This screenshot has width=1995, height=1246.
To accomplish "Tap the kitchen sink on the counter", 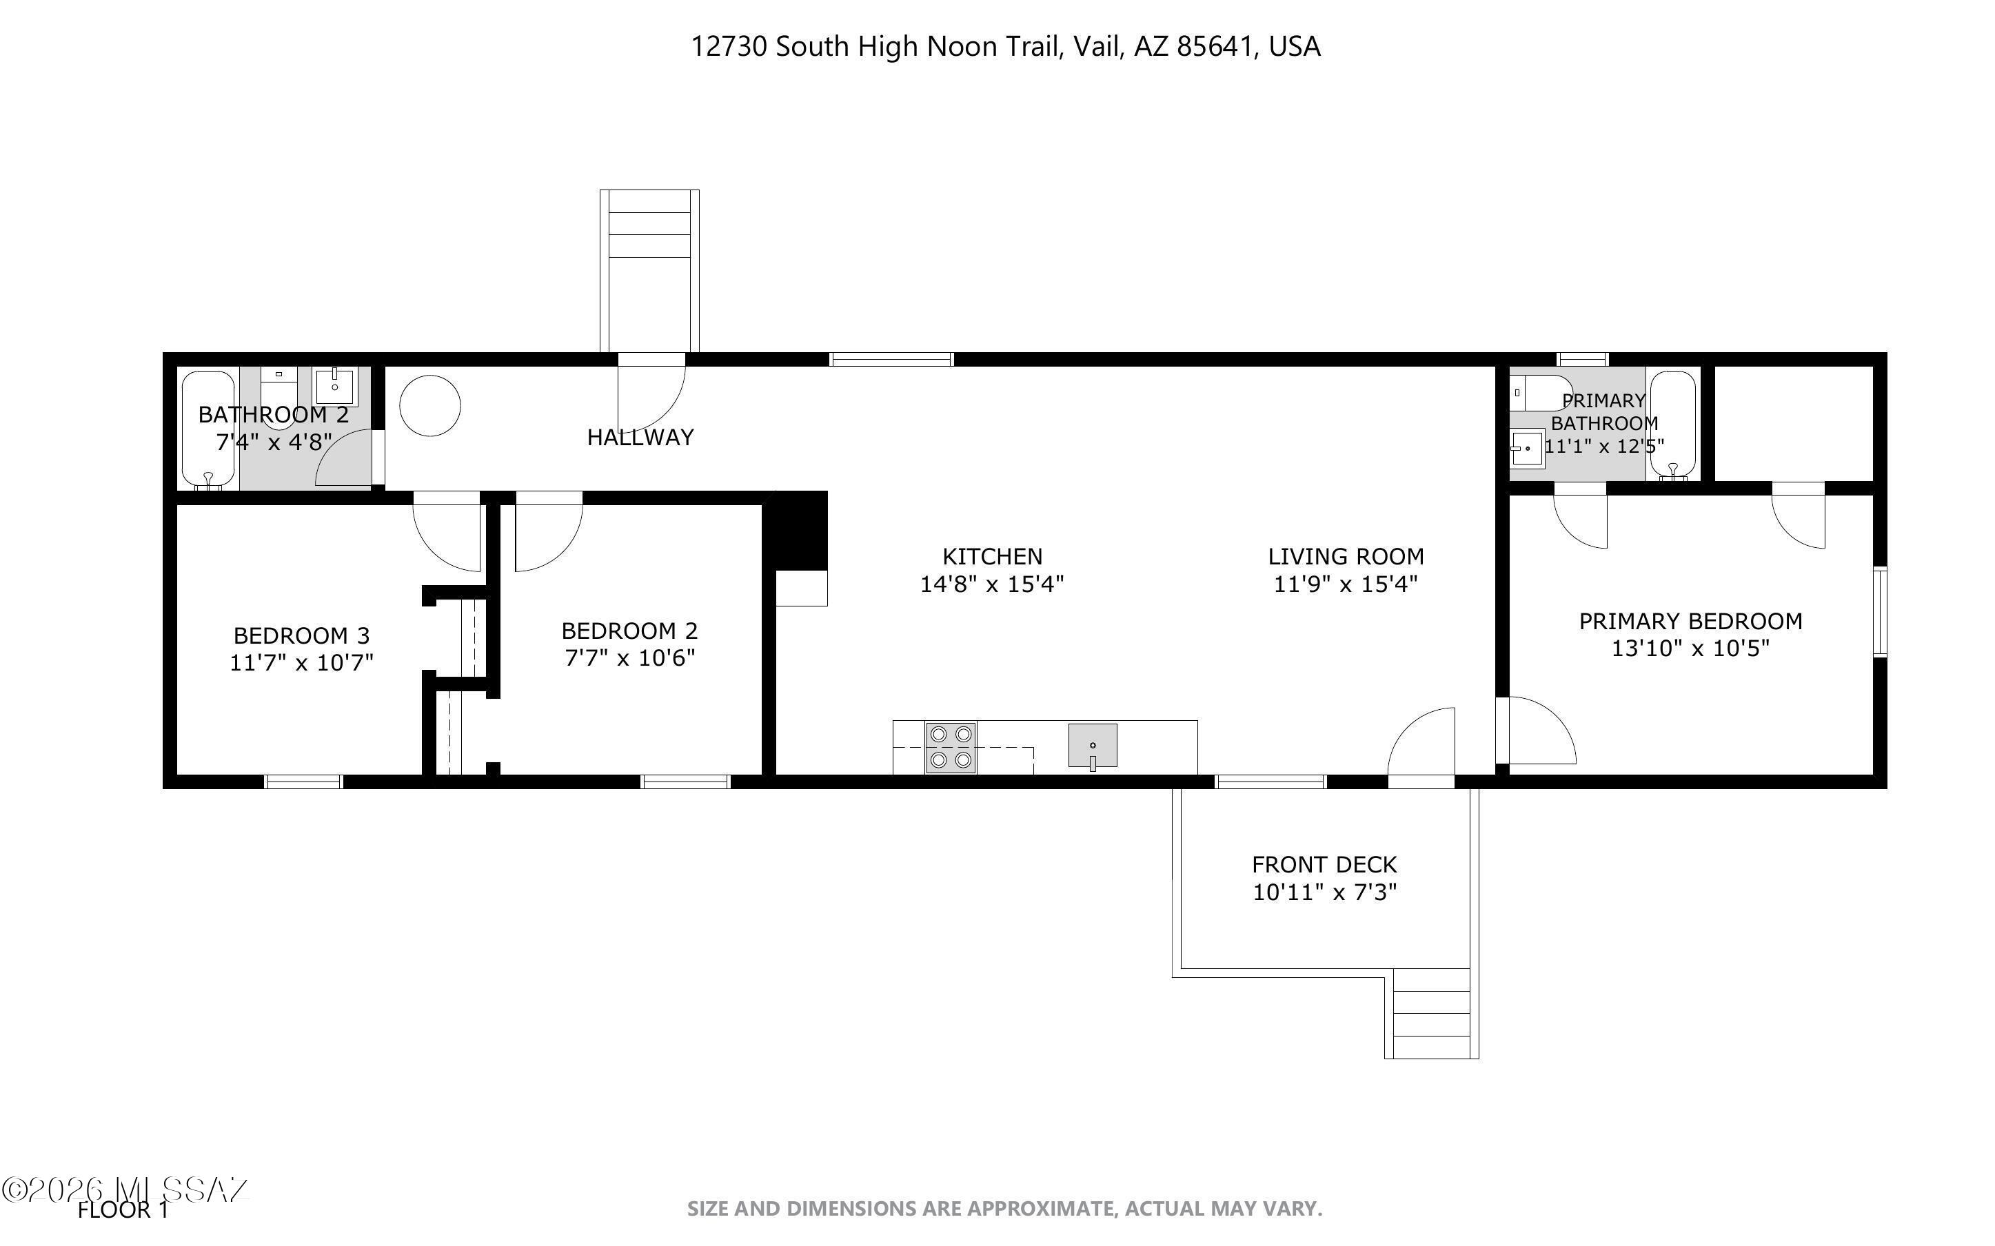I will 1092,746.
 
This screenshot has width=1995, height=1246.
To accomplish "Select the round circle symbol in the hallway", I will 429,405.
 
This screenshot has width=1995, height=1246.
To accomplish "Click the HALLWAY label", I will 640,438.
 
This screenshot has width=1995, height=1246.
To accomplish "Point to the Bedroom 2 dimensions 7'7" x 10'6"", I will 629,658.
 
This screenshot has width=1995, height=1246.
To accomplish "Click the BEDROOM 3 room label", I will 302,635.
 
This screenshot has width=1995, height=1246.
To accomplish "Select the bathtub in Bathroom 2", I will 207,429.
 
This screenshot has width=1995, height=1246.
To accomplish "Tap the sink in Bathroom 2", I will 334,387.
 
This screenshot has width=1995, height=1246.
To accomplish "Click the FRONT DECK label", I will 1324,864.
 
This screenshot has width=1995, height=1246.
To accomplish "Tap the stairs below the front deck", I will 1431,1014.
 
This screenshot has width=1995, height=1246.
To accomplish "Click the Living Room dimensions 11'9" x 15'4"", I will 1345,584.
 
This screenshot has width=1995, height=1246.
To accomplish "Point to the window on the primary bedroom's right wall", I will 1880,611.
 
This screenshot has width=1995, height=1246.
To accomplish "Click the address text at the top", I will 1004,46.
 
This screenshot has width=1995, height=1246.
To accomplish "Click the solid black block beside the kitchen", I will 796,531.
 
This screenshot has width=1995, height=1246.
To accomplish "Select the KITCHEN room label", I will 992,556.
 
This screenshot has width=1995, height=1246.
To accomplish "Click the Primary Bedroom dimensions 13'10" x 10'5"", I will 1690,648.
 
